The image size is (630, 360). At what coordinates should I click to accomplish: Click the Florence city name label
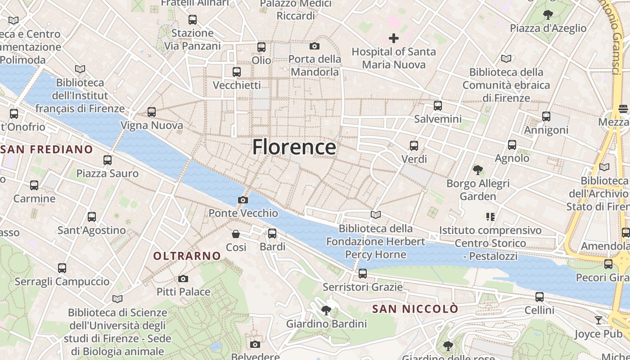[294, 147]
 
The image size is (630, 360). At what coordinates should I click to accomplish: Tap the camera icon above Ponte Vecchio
[243, 200]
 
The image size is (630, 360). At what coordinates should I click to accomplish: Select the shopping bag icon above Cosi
[235, 234]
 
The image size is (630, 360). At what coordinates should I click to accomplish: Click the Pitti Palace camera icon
[183, 279]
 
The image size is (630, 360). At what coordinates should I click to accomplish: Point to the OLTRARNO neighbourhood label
[187, 256]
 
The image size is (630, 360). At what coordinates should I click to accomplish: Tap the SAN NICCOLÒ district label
[415, 309]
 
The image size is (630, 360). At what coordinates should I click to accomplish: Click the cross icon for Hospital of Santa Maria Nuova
[394, 38]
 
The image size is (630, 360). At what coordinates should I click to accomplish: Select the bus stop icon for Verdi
[414, 146]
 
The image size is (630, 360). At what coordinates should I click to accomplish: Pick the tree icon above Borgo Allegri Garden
[477, 170]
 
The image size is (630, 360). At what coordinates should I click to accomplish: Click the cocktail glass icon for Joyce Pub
[598, 320]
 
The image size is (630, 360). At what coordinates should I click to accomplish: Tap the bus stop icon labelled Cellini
[539, 297]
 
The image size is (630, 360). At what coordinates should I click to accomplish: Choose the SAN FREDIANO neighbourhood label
[47, 149]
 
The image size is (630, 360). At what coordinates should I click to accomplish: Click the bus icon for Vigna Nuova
[152, 112]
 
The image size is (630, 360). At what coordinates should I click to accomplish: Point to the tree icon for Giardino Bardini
[326, 310]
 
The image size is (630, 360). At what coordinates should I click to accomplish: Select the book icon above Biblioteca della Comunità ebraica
[506, 58]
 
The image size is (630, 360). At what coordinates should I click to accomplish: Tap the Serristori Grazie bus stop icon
[362, 274]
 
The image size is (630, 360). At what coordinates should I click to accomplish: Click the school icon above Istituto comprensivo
[490, 217]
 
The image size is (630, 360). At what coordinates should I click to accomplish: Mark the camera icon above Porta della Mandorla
[315, 46]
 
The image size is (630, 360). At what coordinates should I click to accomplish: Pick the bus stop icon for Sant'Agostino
[92, 217]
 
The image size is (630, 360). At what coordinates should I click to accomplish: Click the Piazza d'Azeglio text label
[548, 28]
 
